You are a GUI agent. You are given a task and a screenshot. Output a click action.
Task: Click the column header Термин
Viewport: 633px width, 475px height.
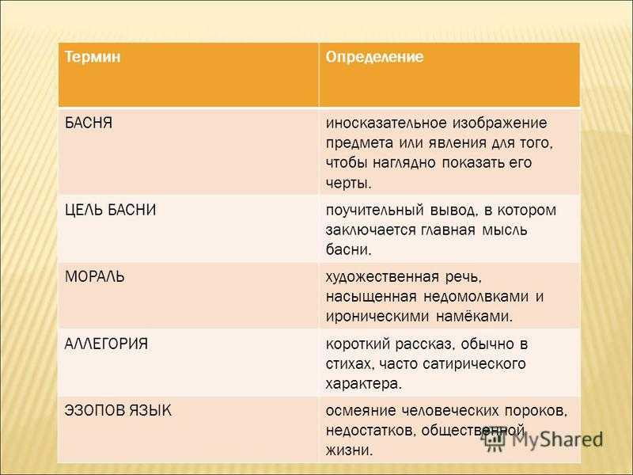click(93, 56)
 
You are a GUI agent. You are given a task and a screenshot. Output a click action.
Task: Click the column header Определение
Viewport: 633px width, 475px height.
click(374, 57)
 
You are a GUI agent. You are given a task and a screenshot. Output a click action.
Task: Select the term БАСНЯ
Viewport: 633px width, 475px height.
click(89, 123)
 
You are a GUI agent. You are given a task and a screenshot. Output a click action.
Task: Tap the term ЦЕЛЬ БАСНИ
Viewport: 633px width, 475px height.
click(110, 210)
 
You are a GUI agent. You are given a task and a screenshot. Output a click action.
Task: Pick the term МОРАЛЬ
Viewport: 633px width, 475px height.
click(94, 276)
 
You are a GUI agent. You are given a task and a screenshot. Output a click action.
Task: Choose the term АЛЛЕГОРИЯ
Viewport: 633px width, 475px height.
click(106, 344)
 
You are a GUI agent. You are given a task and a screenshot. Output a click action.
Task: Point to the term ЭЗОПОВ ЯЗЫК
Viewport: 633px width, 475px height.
click(118, 410)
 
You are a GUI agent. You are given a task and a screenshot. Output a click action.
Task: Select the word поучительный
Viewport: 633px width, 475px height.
click(374, 211)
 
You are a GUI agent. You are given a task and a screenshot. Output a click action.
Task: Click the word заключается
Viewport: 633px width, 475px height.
click(370, 230)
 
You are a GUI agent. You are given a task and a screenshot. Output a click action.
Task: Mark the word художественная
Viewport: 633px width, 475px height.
click(382, 276)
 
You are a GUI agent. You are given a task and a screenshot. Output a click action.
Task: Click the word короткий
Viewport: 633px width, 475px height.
click(358, 344)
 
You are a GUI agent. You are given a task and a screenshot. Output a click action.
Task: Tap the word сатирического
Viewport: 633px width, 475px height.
click(474, 364)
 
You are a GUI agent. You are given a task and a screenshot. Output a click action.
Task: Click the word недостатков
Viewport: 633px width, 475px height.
click(369, 431)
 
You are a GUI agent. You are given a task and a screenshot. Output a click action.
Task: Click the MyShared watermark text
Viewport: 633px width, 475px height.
click(557, 440)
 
